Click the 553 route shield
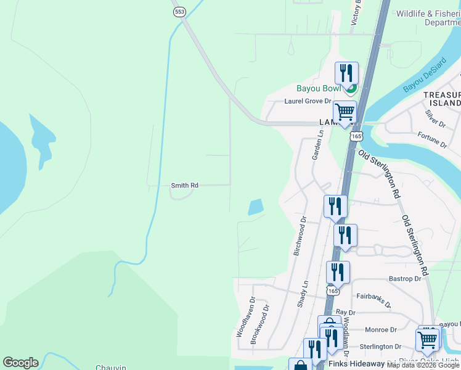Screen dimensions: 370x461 tap(179, 12)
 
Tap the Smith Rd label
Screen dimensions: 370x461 tap(185, 185)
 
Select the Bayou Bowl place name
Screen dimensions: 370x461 tap(319, 89)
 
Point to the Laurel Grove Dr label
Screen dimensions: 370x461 tap(308, 102)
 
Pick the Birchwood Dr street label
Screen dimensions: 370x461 tap(300, 236)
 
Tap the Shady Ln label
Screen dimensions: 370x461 tap(303, 293)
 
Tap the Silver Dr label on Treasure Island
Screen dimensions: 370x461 tap(436, 118)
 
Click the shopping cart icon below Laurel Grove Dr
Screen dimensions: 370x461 tap(345, 112)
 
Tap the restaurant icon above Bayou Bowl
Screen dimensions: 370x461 tap(346, 73)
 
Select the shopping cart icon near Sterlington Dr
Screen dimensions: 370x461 tap(428, 339)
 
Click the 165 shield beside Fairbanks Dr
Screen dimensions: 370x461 tap(333, 290)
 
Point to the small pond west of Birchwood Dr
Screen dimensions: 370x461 tap(256, 207)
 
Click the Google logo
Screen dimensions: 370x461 tap(20, 363)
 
